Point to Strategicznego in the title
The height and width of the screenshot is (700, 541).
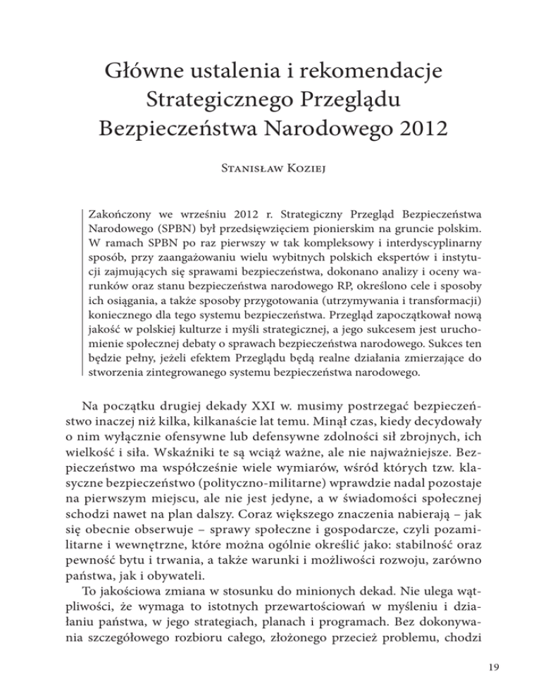219,101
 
